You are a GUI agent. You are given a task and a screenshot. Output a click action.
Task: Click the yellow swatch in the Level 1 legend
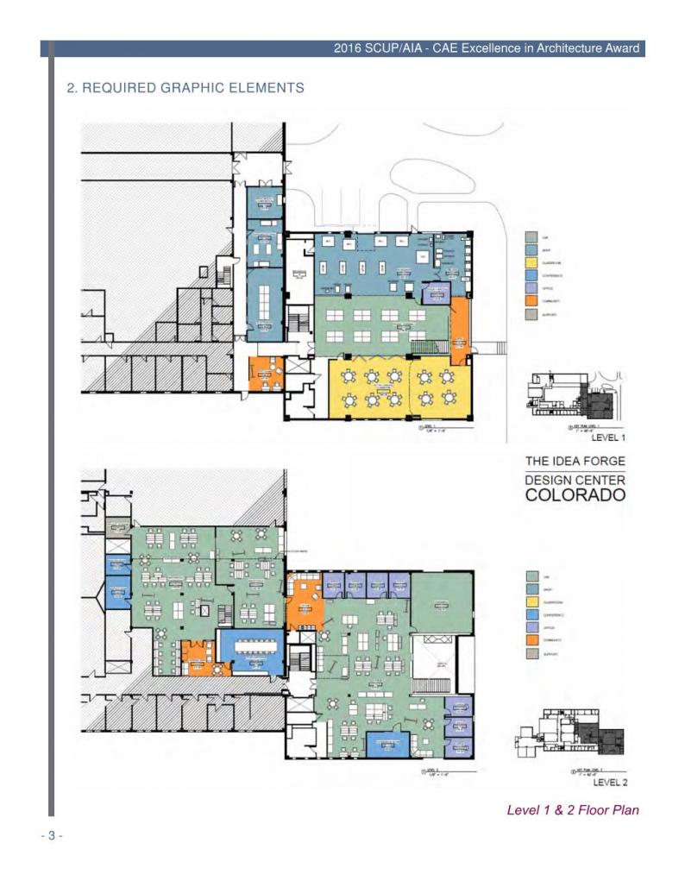pos(531,262)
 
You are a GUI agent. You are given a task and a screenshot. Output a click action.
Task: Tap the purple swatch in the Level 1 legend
pos(531,288)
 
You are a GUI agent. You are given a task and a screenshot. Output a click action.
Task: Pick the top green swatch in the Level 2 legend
pos(531,576)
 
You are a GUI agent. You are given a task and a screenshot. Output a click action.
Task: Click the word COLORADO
pos(575,495)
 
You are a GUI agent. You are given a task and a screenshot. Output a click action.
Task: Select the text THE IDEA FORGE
pos(575,461)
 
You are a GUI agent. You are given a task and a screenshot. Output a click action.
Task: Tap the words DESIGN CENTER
pos(575,480)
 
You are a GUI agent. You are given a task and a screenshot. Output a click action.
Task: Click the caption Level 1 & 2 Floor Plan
pos(573,809)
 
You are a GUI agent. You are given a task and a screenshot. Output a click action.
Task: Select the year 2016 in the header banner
pos(349,48)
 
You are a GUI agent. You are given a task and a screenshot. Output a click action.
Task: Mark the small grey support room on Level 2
pos(116,526)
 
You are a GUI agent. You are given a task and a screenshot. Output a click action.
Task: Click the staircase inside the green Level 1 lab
pos(425,347)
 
